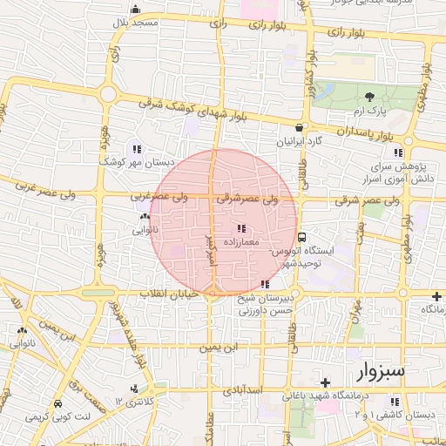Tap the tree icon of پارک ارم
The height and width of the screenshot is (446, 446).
coord(369,96)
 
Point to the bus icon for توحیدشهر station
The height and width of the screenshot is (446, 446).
coord(302,236)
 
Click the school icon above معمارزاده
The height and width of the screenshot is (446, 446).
coord(241,228)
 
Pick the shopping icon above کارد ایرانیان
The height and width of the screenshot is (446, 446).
coord(299,126)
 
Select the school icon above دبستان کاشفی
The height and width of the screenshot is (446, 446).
coord(396,402)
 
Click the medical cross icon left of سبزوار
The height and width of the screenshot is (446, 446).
coord(325,382)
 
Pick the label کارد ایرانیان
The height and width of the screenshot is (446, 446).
coord(300,140)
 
